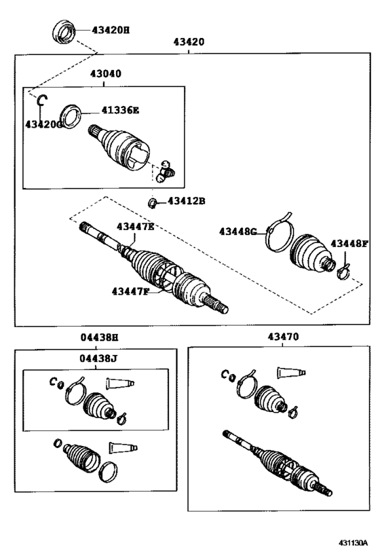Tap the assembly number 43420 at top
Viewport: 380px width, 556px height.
click(x=189, y=42)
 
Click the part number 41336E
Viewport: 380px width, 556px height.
click(x=120, y=109)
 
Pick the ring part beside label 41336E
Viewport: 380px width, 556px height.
click(x=71, y=112)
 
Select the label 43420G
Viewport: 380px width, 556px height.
click(x=43, y=124)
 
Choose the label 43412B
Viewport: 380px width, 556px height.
click(x=186, y=201)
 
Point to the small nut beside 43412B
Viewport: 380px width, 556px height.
click(x=154, y=202)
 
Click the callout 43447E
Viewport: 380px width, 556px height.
click(x=135, y=227)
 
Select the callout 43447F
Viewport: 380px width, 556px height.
click(x=130, y=291)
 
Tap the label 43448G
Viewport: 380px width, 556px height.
click(x=237, y=232)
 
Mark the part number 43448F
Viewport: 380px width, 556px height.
click(x=349, y=244)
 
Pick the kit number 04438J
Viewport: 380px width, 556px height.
click(x=96, y=359)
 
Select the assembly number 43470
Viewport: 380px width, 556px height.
click(x=282, y=337)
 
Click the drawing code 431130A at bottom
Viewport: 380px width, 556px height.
click(x=353, y=544)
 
